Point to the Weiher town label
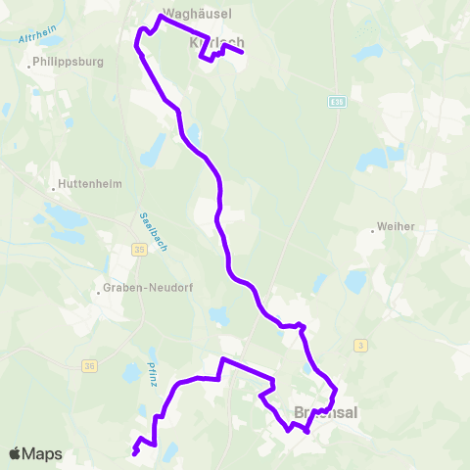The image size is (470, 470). (396, 226)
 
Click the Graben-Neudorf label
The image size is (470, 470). (136, 289)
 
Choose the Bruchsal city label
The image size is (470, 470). (326, 413)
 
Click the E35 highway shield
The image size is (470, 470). (338, 101)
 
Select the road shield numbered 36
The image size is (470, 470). (90, 366)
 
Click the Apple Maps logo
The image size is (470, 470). (34, 453)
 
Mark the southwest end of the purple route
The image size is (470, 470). (133, 452)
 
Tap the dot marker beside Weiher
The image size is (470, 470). (373, 231)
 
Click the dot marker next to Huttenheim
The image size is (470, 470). (53, 188)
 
